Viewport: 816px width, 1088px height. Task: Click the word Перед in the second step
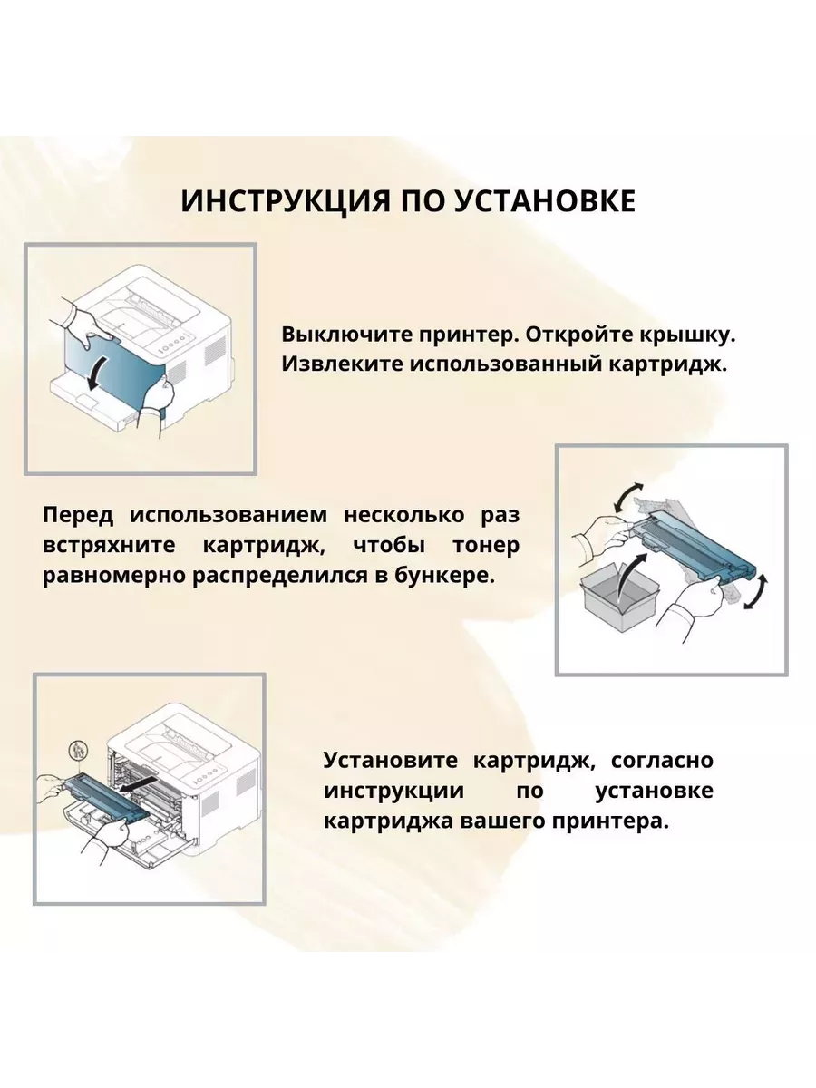point(78,516)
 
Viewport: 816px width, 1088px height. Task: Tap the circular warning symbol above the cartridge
point(75,752)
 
